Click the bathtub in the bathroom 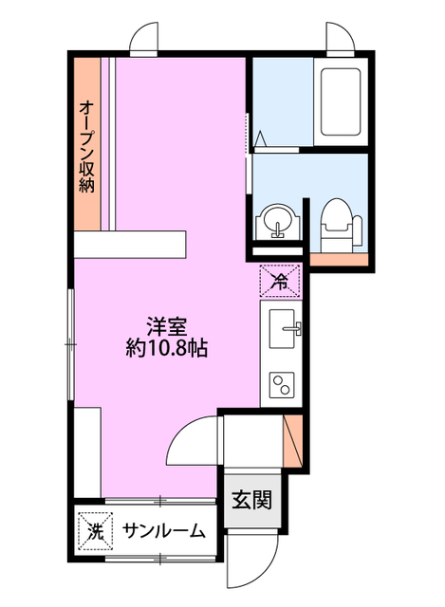[x=341, y=101]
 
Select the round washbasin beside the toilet [x=277, y=222]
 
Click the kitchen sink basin [x=282, y=329]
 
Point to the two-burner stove [x=282, y=384]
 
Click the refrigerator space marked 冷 [x=280, y=281]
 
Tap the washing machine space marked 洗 [x=95, y=531]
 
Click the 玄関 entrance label [x=251, y=500]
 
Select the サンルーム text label [x=163, y=531]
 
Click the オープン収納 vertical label [x=87, y=147]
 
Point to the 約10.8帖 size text [x=167, y=349]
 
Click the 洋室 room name [x=167, y=327]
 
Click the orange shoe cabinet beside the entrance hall [x=292, y=441]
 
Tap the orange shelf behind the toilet [x=339, y=260]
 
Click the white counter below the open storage [x=130, y=244]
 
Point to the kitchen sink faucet [x=293, y=328]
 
